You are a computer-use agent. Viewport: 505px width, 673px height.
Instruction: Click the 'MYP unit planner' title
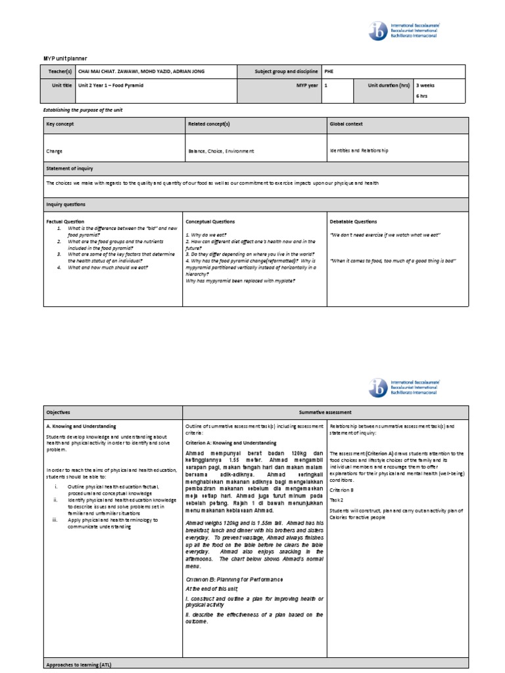[64, 58]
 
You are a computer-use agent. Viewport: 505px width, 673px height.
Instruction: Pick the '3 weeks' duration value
[425, 85]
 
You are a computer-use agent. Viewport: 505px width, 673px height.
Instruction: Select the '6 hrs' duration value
[421, 96]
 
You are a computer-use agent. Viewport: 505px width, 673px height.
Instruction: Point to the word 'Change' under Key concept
[55, 151]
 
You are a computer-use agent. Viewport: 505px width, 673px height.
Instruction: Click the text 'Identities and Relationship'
[359, 151]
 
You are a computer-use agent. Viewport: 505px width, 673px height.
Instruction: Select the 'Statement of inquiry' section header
[70, 169]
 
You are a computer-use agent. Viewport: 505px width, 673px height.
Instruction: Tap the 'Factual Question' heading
[65, 221]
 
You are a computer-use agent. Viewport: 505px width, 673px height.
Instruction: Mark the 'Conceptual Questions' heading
[210, 221]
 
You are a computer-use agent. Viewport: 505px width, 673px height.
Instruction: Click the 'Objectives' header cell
[58, 412]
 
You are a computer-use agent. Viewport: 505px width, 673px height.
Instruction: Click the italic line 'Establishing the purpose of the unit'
[83, 110]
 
